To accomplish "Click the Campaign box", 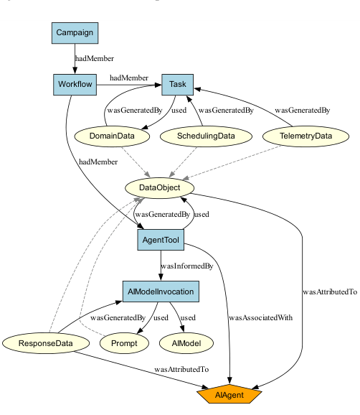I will [75, 33].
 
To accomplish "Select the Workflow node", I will [74, 85].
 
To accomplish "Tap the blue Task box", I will [178, 85].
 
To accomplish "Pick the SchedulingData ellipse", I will [206, 136].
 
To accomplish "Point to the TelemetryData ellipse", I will [305, 136].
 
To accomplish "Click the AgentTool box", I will [161, 240].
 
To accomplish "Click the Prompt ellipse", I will [124, 343].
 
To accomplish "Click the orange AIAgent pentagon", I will [229, 394].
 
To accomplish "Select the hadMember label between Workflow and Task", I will [128, 78].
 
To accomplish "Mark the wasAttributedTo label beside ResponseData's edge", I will [181, 369].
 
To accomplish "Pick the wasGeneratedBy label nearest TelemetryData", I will [303, 111].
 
